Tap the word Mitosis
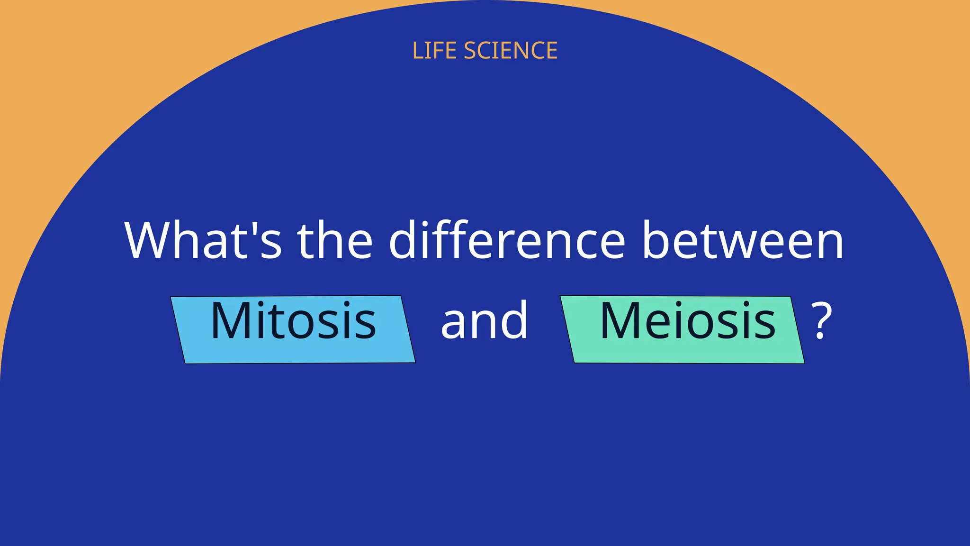pyautogui.click(x=293, y=321)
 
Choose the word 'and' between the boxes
pyautogui.click(x=484, y=321)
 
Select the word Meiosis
pyautogui.click(x=688, y=321)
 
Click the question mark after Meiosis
pyautogui.click(x=821, y=322)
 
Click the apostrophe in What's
pyautogui.click(x=253, y=227)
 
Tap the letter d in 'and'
pyautogui.click(x=514, y=320)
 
